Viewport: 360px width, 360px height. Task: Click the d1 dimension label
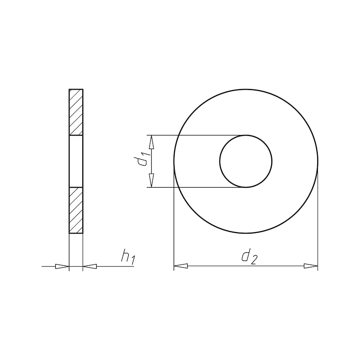point(144,160)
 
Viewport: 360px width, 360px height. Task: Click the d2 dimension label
point(248,257)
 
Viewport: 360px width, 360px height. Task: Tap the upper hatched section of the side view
point(76,112)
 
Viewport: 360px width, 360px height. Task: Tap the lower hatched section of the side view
point(76,210)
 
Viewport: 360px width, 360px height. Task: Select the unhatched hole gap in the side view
point(76,161)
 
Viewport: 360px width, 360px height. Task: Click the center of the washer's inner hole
point(246,161)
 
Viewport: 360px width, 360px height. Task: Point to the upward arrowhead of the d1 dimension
point(151,141)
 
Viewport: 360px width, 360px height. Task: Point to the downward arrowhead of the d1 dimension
point(151,181)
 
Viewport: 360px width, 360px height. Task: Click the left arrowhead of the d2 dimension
point(180,266)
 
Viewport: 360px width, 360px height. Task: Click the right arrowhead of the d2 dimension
point(311,266)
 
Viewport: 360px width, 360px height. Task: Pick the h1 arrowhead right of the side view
point(90,266)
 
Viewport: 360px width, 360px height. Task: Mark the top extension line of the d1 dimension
point(198,135)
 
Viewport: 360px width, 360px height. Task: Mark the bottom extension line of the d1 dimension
point(198,187)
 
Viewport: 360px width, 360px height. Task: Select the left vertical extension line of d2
point(174,216)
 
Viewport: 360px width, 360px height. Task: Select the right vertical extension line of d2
point(318,216)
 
